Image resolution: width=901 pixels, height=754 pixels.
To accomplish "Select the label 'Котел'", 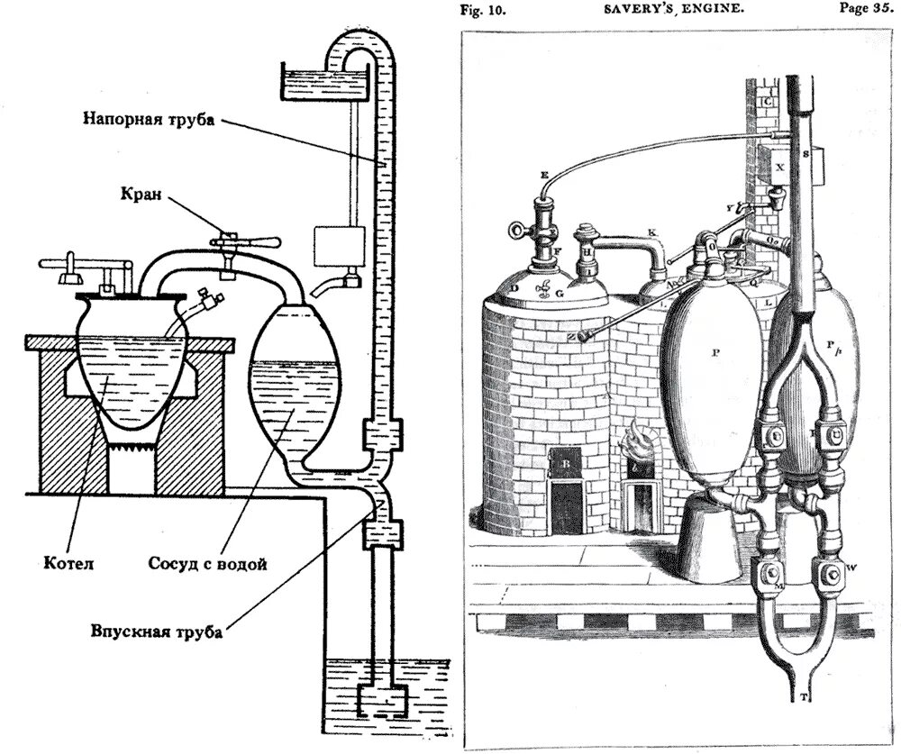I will click(x=68, y=565).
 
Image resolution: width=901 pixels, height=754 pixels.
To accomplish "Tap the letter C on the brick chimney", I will click(x=768, y=101).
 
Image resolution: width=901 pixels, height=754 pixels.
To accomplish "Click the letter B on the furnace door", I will click(x=566, y=466).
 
